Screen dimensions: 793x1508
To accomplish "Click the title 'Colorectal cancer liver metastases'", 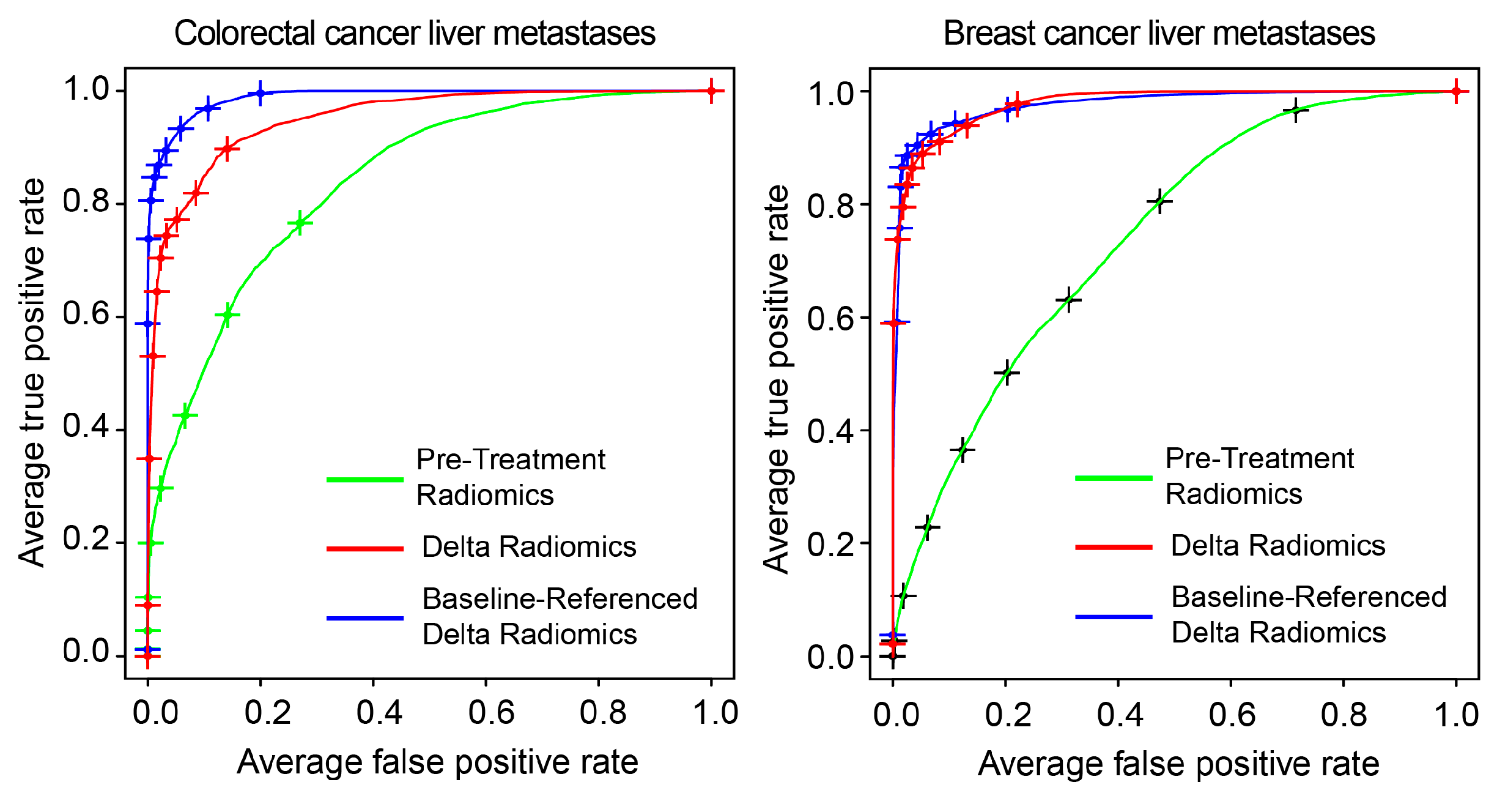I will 415,33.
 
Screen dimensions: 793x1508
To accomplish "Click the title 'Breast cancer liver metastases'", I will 1159,33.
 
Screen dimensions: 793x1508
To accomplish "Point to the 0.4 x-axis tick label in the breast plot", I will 1120,715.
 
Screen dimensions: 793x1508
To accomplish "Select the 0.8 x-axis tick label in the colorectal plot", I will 603,713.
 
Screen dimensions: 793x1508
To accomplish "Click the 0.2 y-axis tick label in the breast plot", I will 830,544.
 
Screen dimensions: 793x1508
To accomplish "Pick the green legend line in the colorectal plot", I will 365,479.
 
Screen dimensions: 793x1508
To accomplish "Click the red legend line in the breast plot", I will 1114,546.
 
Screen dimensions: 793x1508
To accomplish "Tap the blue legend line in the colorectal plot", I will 365,618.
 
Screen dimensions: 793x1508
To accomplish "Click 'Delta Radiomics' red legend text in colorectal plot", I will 529,546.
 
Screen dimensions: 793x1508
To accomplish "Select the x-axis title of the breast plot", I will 1178,764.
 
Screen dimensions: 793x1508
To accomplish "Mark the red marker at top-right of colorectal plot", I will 711,91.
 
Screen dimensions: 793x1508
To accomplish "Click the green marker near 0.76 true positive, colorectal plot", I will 300,223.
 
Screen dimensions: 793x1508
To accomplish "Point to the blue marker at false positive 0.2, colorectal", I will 261,94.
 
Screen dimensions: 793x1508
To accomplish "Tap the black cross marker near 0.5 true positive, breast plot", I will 1006,372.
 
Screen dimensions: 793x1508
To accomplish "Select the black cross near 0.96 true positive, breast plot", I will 1295,111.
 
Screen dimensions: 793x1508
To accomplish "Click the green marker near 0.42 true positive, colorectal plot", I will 185,416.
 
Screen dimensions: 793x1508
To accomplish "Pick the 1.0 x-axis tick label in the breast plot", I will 1456,715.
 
